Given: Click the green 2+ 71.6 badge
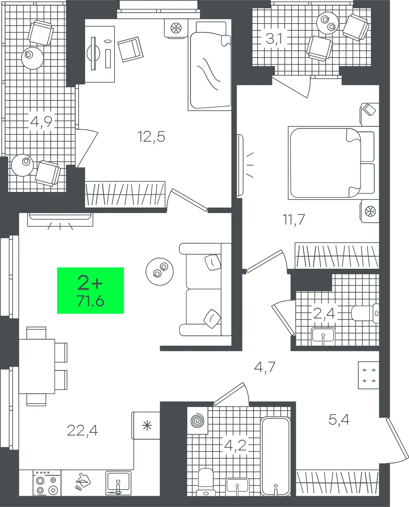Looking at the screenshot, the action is pos(90,290).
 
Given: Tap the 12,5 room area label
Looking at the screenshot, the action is pos(151,137).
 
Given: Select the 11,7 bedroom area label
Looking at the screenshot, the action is pos(294,219).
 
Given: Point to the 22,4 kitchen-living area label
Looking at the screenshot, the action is pos(82,431).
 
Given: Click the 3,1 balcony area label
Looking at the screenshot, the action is pos(274,38).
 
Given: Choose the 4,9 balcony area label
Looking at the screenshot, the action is pos(41,121).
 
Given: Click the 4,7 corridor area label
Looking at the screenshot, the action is pos(265,367).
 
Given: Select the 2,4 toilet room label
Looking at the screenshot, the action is pos(324,313).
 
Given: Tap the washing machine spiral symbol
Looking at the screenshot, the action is pos(197,421).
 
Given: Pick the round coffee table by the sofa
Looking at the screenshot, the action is pos(160,271).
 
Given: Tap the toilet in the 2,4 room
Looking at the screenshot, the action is pos(365,313).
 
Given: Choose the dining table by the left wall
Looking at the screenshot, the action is pos(37,366).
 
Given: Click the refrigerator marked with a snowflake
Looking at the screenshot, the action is pos(146,426).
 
